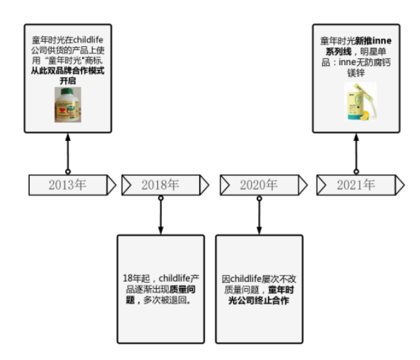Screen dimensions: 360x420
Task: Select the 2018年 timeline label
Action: click(161, 185)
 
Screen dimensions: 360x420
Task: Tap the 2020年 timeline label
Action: click(259, 185)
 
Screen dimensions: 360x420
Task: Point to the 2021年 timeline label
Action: click(355, 185)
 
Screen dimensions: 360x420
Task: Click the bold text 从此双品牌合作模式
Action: click(67, 70)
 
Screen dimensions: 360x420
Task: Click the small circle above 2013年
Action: click(67, 172)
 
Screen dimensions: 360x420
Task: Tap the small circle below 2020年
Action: click(259, 199)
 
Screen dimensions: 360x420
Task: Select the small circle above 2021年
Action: click(356, 172)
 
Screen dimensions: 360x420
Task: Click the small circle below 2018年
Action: click(161, 199)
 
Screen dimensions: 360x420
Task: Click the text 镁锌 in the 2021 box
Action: click(356, 72)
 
